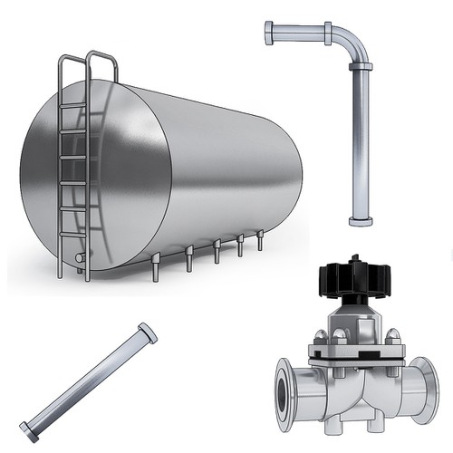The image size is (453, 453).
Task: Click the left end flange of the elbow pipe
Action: click(x=269, y=34)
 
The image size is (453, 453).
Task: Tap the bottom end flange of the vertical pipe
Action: click(x=360, y=219)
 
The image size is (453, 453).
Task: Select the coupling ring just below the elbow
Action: click(x=360, y=67)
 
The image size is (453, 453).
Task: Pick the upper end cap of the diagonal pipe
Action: click(x=147, y=333)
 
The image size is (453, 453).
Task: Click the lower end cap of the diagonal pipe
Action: click(x=29, y=432)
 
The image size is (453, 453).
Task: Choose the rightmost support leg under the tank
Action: click(x=260, y=241)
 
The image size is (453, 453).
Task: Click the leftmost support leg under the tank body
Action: click(x=155, y=267)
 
